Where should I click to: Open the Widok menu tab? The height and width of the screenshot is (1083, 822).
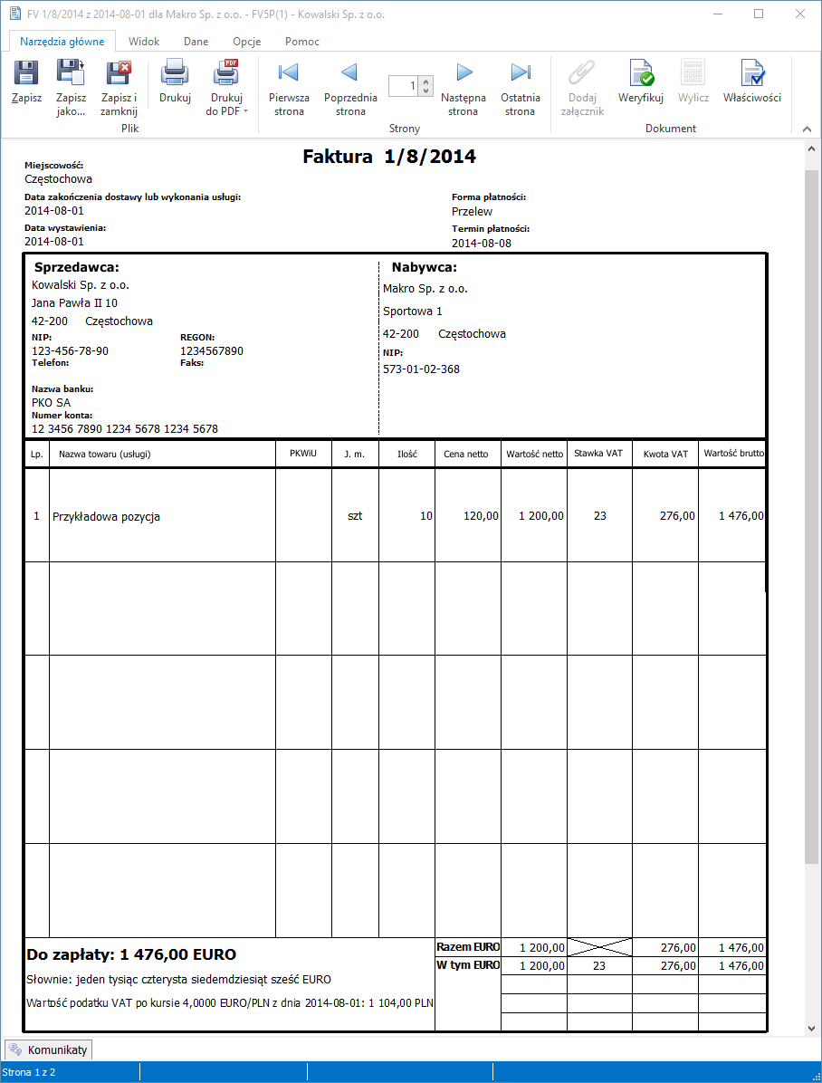pyautogui.click(x=144, y=42)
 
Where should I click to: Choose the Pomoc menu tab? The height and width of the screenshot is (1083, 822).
pyautogui.click(x=301, y=42)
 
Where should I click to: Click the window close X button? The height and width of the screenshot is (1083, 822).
pyautogui.click(x=799, y=14)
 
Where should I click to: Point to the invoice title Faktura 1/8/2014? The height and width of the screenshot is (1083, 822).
pyautogui.click(x=389, y=157)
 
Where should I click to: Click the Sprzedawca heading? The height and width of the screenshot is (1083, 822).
pyautogui.click(x=77, y=267)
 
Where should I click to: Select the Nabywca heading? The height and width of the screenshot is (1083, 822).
pyautogui.click(x=424, y=267)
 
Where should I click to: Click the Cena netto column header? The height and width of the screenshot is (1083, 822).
pyautogui.click(x=467, y=454)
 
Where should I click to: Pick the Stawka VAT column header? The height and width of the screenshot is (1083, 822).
pyautogui.click(x=598, y=454)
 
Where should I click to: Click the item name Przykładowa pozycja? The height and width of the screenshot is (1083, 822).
pyautogui.click(x=107, y=516)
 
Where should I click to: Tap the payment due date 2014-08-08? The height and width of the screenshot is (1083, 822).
pyautogui.click(x=482, y=244)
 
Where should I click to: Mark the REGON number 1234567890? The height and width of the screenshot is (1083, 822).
pyautogui.click(x=212, y=351)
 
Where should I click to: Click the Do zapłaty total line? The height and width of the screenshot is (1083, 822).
pyautogui.click(x=132, y=954)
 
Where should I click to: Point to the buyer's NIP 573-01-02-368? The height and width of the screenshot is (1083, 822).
pyautogui.click(x=421, y=369)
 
